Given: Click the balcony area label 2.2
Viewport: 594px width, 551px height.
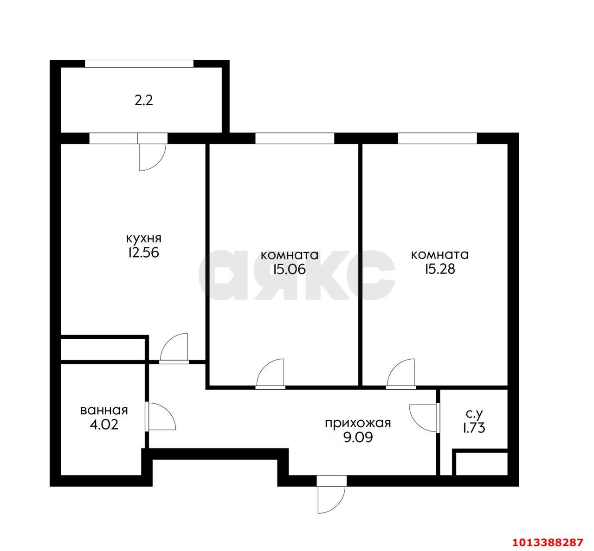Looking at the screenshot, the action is click(143, 101).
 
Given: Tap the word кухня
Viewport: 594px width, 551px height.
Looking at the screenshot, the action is click(144, 239).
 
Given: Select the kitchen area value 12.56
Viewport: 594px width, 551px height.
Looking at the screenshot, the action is click(143, 253).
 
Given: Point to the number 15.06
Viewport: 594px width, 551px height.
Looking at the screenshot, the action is click(289, 270).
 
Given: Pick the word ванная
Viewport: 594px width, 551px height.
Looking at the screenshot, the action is click(104, 410).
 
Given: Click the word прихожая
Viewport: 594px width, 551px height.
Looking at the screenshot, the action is click(358, 424).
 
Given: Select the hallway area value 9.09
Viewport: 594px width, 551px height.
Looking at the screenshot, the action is click(358, 438).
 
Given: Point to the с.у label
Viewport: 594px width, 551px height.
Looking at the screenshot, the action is click(474, 414).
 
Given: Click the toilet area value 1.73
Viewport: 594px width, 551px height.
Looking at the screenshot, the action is click(474, 428).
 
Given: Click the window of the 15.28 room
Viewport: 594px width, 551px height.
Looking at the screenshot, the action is click(437, 139).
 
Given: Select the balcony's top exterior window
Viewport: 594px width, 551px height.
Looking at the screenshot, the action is click(139, 63).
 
